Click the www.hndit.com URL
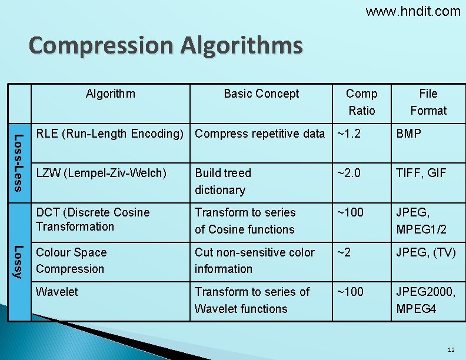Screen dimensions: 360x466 (413, 11)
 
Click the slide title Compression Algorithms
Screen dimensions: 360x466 (165, 45)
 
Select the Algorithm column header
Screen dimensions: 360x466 (110, 94)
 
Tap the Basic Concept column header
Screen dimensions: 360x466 (261, 94)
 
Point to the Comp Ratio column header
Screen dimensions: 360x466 (361, 102)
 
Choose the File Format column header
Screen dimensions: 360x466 (428, 102)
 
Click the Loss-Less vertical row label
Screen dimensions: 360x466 (19, 162)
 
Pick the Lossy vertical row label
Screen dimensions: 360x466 (19, 261)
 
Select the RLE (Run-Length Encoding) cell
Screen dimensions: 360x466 (110, 134)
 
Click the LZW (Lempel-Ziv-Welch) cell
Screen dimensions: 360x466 (101, 173)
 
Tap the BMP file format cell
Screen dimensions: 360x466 (409, 134)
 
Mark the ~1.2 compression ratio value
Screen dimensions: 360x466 (349, 134)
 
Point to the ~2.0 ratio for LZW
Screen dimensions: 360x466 (349, 173)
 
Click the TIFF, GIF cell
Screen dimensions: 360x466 (421, 173)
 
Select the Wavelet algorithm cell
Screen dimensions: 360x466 (57, 292)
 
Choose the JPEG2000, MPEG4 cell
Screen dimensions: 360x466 (425, 300)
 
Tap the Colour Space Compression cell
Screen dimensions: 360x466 (71, 261)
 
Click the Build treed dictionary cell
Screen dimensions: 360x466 (223, 181)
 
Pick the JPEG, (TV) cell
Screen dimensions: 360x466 (426, 252)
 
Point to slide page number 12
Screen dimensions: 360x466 (451, 350)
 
